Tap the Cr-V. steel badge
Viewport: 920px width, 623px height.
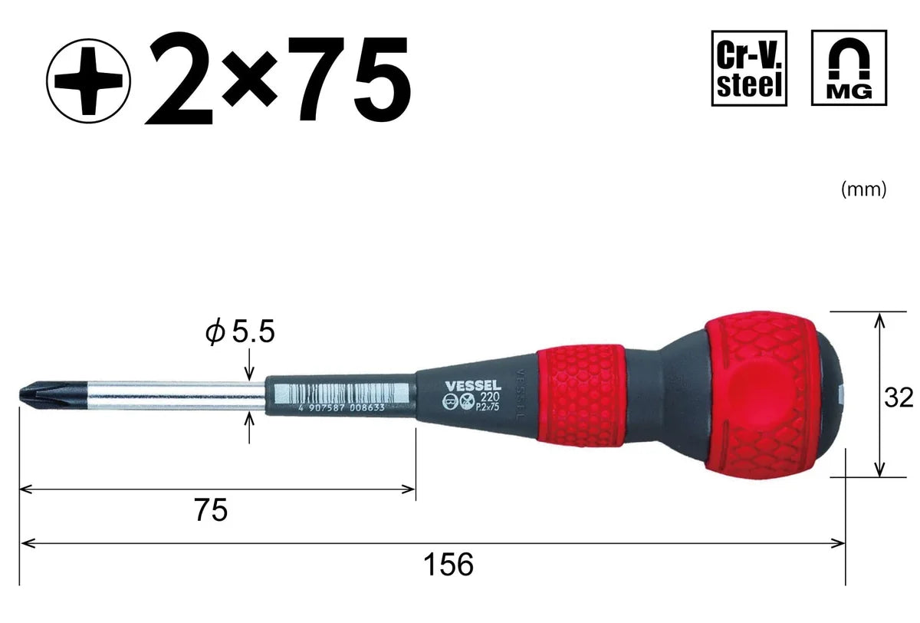click(749, 68)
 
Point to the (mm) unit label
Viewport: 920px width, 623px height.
click(863, 189)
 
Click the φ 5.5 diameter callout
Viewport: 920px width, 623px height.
click(238, 333)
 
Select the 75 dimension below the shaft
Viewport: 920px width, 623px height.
click(210, 509)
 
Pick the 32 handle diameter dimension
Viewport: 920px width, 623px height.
click(897, 397)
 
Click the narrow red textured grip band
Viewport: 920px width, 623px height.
click(580, 395)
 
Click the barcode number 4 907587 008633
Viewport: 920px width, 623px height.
click(341, 408)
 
